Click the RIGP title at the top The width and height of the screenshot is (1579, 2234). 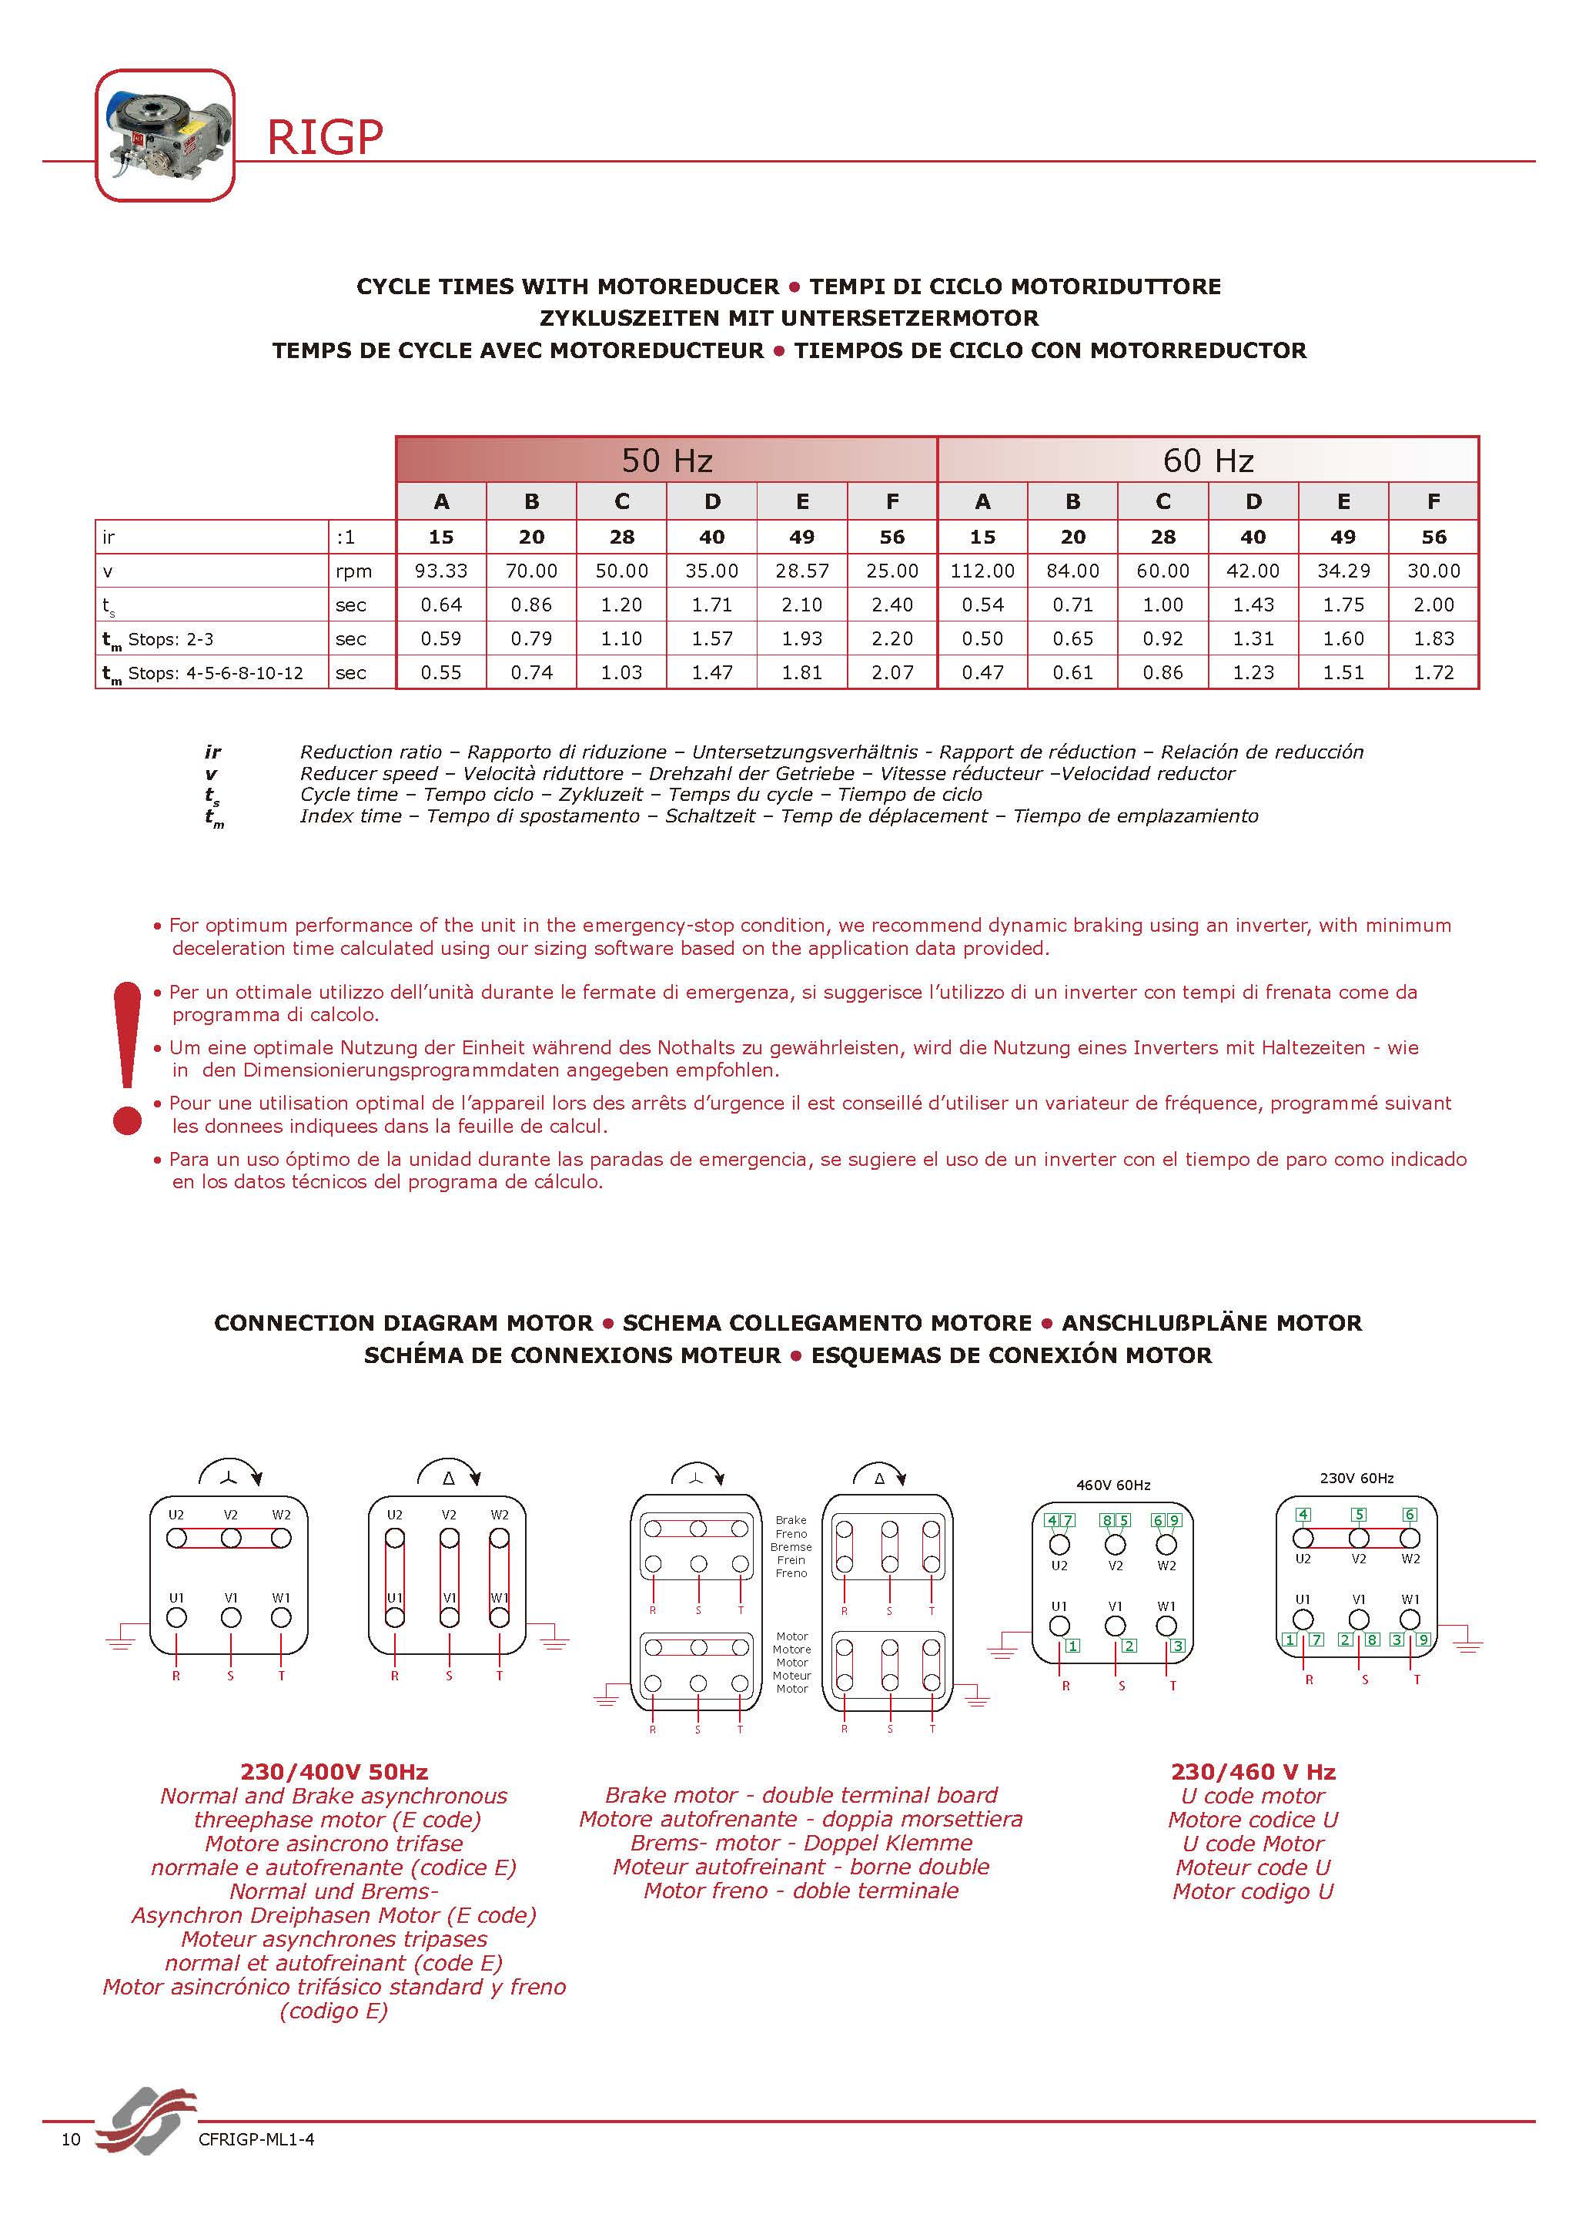325,138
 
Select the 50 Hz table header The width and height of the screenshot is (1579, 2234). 667,461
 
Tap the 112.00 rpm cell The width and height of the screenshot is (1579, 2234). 982,571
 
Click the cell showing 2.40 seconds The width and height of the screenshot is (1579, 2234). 892,605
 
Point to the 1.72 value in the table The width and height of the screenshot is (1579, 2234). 1433,672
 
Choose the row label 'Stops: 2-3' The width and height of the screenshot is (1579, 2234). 170,639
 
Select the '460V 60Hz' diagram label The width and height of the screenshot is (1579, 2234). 1113,1485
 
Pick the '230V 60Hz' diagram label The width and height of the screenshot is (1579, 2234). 1357,1478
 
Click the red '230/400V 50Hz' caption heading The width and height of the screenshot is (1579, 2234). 333,1772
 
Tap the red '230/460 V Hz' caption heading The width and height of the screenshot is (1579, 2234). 1253,1772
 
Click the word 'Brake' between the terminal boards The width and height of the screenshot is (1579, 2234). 791,1520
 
